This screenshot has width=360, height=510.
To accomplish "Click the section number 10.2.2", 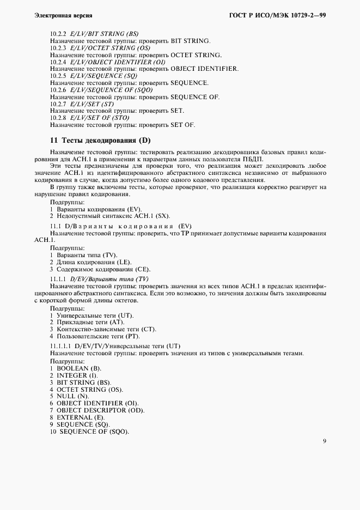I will coord(58,34).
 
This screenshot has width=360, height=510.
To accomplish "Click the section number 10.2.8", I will coord(58,118).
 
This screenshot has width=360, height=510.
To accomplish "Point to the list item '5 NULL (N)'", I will coord(70,396).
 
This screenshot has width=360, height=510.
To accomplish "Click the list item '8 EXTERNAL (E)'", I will coord(78,417).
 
